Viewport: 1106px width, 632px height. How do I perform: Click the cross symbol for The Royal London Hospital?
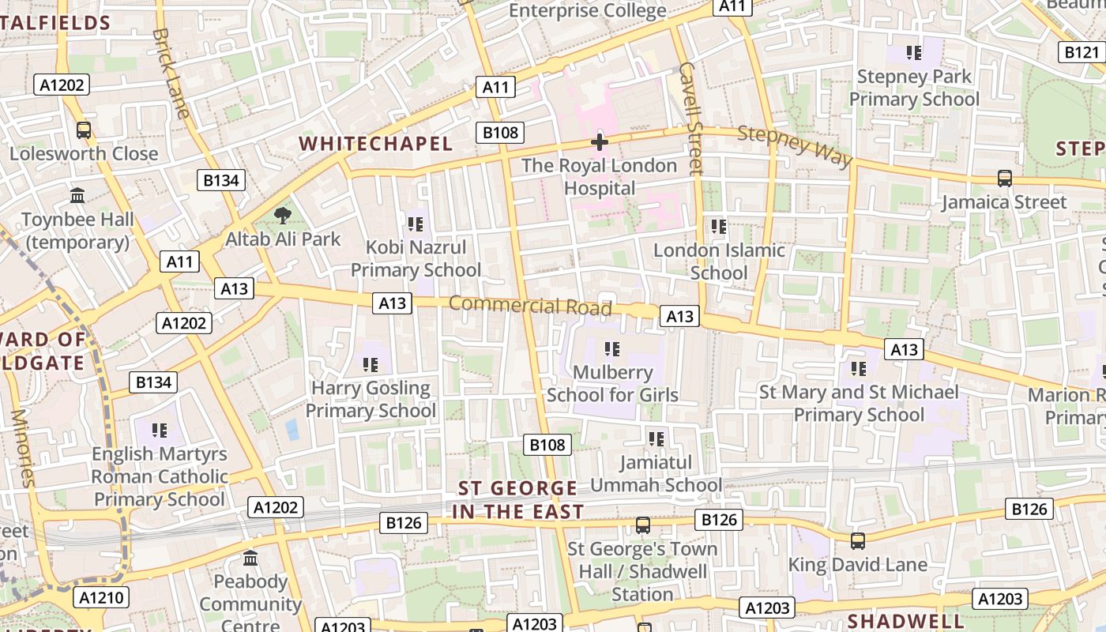[600, 142]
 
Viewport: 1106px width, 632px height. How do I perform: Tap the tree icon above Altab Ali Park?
[282, 215]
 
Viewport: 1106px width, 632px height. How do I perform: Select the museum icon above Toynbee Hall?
[77, 195]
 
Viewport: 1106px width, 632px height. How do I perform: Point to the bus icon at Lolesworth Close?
[83, 130]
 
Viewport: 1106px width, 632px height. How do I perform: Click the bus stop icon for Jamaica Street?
[1004, 179]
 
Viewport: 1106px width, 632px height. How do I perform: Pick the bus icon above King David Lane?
[858, 541]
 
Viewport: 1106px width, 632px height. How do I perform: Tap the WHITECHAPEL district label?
[376, 144]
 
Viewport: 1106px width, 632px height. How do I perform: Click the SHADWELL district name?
[905, 622]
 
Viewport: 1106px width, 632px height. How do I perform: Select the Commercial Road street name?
[530, 306]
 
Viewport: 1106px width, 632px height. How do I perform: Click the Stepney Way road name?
[796, 145]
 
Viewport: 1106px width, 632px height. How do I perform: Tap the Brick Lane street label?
[171, 73]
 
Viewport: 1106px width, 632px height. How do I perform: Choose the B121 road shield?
[1081, 52]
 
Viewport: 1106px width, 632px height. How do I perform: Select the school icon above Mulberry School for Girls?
[611, 348]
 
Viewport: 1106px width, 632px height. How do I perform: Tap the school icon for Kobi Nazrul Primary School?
[416, 224]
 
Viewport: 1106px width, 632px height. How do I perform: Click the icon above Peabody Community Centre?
[250, 559]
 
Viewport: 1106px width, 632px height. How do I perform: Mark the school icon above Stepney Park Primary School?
[914, 53]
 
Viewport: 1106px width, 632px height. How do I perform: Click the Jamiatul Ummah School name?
[656, 474]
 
